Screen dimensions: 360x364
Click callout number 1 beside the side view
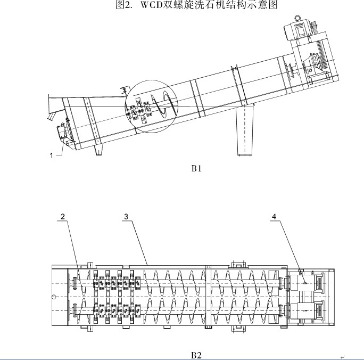point(52,155)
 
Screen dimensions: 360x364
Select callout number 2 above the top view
point(63,217)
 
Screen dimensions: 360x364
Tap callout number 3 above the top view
point(126,217)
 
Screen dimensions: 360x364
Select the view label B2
point(197,354)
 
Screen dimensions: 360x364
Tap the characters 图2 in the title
point(123,6)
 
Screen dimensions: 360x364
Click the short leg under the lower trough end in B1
point(98,152)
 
